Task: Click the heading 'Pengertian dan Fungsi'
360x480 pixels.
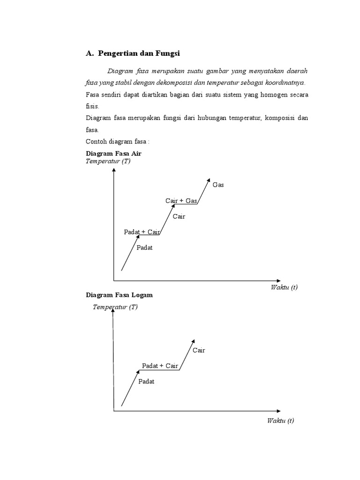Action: tap(139, 54)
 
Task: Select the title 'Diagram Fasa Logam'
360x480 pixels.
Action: tap(119, 295)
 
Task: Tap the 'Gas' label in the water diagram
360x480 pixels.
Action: tap(218, 185)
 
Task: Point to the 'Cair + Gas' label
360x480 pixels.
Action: tap(181, 201)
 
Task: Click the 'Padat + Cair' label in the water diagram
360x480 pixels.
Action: tap(142, 232)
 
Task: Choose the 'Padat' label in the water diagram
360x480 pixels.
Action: tap(144, 247)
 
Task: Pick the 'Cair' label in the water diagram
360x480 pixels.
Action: tap(179, 217)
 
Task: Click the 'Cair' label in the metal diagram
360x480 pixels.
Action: tap(199, 350)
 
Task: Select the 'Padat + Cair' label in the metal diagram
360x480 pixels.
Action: tap(160, 366)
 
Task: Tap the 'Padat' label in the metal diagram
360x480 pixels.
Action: tap(146, 382)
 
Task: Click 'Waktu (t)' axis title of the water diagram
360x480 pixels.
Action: tap(284, 287)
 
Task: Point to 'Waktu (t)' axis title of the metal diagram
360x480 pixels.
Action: tap(280, 420)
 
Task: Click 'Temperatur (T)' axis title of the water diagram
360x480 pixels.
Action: tap(108, 161)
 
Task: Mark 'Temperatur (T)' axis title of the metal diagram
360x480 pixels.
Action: tap(115, 307)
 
